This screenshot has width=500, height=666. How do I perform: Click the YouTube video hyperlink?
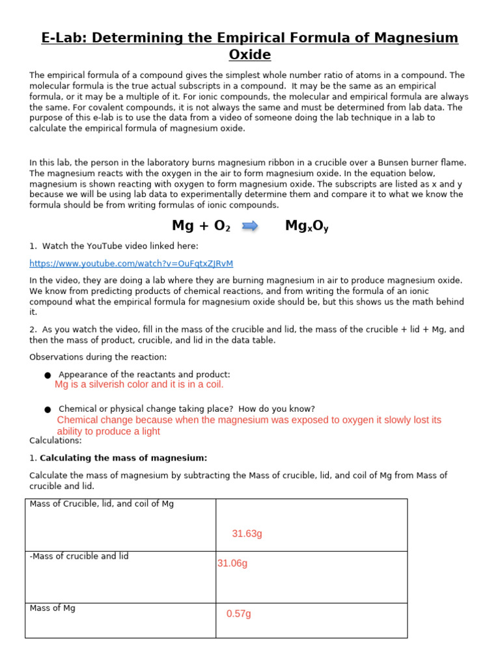131,263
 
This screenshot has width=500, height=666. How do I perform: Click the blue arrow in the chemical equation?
250,226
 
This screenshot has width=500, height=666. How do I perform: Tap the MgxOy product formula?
307,226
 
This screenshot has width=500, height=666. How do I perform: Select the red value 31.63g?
247,534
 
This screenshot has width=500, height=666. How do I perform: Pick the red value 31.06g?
232,563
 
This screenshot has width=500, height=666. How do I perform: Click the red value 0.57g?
238,614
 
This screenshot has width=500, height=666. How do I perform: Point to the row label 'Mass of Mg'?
52,608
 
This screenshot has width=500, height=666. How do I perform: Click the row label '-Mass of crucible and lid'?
79,556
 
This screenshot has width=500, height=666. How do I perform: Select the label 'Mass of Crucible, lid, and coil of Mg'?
102,504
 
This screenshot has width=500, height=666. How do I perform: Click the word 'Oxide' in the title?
250,55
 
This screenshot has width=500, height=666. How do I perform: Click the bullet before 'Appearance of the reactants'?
48,375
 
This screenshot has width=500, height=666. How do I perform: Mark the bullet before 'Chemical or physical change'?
48,410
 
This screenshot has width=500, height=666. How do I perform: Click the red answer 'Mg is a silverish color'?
139,384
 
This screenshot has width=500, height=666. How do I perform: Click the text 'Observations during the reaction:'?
98,357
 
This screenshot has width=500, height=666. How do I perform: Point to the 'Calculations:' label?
55,441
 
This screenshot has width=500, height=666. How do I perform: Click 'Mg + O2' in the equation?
201,226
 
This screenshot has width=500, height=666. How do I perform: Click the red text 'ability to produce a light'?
109,431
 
